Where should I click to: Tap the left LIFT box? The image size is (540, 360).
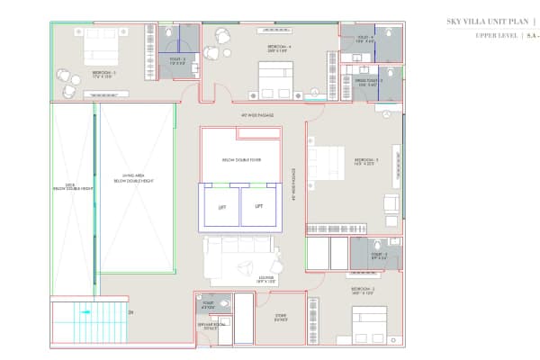(x=222, y=206)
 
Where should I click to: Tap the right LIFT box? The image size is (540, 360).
(x=259, y=206)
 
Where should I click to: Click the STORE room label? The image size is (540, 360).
(x=280, y=316)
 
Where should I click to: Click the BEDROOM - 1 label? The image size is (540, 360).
(x=103, y=73)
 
